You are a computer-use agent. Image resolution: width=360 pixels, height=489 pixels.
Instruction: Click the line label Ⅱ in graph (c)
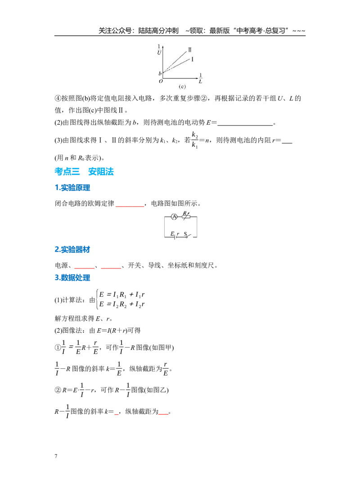[x=190, y=50]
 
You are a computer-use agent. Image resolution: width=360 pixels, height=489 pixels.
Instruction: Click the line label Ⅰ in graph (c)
[x=192, y=59]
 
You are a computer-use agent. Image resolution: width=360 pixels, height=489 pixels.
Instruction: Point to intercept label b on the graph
[x=160, y=73]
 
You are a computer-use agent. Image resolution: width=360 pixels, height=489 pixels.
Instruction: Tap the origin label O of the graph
[x=161, y=81]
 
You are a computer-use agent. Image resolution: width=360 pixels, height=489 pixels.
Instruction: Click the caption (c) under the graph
[x=182, y=86]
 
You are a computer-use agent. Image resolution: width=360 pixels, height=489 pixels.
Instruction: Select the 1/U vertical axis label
[x=159, y=50]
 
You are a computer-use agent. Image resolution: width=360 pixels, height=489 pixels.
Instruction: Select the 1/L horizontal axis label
[x=200, y=78]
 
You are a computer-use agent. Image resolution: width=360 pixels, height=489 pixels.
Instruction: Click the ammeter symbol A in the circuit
[x=174, y=217]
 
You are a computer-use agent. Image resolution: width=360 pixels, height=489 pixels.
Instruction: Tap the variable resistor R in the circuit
[x=186, y=216]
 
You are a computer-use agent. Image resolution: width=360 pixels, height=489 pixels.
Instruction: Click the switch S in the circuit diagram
[x=187, y=235]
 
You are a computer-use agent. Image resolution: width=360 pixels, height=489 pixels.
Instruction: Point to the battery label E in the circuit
[x=172, y=234]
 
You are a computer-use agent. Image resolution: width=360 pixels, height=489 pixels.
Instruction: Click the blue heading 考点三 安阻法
[x=84, y=172]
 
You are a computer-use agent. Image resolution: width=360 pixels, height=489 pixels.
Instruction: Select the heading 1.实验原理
[x=72, y=188]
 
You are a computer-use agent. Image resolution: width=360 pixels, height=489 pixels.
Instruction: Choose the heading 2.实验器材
[x=72, y=249]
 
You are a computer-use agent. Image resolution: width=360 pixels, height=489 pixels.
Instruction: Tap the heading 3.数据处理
[x=72, y=277]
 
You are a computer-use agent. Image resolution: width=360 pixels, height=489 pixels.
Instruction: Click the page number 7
[x=56, y=456]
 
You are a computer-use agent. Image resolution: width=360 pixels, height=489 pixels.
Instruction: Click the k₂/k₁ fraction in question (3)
[x=195, y=140]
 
